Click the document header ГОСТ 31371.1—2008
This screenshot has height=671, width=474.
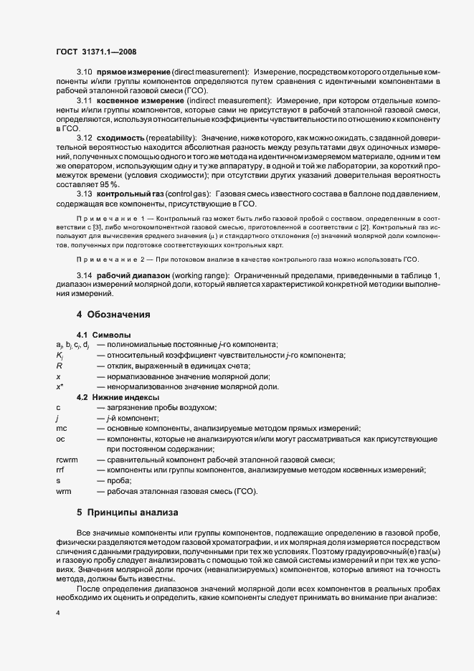click(x=95, y=52)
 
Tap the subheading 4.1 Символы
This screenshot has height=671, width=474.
click(x=103, y=335)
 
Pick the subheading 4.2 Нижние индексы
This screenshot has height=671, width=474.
click(x=118, y=397)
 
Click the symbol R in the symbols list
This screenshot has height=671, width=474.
click(x=58, y=366)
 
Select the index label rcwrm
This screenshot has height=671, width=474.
click(x=66, y=460)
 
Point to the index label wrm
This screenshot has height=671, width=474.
click(x=63, y=491)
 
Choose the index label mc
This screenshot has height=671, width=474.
click(x=61, y=428)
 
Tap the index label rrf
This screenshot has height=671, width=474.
click(x=60, y=470)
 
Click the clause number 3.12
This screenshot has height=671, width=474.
click(x=85, y=137)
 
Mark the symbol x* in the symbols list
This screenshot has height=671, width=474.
click(x=60, y=386)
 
